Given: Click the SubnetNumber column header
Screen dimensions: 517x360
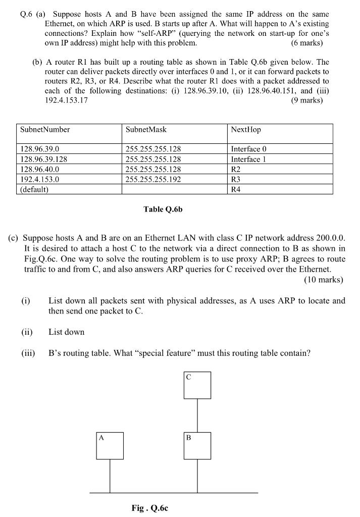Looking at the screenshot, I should coord(45,130).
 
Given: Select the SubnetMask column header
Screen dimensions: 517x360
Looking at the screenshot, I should coord(146,130).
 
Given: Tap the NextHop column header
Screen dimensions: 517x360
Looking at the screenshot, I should coord(246,130).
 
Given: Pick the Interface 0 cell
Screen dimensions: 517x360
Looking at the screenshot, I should coord(248,149).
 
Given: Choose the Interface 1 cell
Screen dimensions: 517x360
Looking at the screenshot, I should coord(248,159).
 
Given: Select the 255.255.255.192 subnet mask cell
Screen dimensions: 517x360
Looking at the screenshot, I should coord(153,179).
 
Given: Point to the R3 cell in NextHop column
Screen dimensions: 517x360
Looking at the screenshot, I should coord(236,179).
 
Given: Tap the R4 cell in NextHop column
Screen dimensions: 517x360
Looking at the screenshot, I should coord(236,189).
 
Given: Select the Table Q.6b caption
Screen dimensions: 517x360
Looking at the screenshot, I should coord(163,209).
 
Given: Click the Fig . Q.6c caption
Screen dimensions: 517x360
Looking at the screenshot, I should coord(149,508).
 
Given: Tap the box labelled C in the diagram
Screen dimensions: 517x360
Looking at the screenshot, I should coord(197,385).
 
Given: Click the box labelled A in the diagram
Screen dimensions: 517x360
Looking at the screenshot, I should coord(110,445).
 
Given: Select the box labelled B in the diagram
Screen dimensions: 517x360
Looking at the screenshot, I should coord(197,445).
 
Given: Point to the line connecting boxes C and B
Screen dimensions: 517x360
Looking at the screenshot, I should coord(197,415).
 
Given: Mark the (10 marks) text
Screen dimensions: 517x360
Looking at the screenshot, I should coord(323,279).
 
